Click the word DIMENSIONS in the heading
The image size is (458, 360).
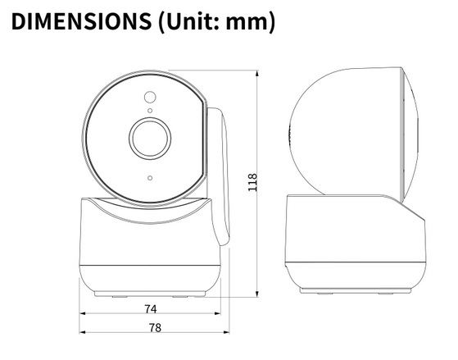point(81,21)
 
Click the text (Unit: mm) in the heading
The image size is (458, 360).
point(216,22)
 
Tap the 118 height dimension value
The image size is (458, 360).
point(252,183)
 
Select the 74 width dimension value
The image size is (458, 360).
point(151,309)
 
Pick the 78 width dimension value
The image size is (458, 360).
point(155,328)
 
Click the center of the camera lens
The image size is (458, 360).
point(150,139)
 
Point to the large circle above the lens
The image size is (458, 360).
point(150,97)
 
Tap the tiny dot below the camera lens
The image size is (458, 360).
point(150,178)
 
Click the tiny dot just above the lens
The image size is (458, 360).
point(150,111)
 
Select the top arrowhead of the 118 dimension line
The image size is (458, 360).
point(257,73)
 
